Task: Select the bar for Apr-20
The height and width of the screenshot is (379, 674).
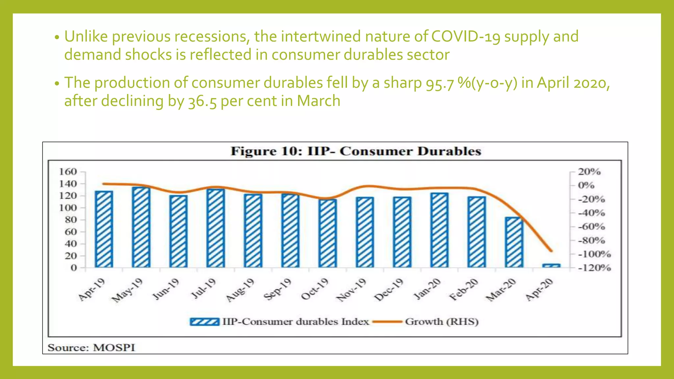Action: click(551, 265)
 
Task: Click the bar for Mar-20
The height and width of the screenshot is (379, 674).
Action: click(514, 242)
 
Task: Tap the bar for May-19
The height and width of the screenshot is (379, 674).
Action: click(141, 227)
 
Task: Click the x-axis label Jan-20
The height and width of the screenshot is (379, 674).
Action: click(427, 289)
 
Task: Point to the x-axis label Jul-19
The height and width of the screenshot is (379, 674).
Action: click(204, 289)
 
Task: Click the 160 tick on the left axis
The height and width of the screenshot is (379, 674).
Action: click(68, 172)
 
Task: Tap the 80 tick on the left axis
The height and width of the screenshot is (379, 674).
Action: click(71, 220)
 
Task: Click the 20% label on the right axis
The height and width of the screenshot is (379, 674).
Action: click(589, 172)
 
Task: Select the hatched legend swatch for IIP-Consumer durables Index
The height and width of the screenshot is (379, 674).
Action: click(204, 321)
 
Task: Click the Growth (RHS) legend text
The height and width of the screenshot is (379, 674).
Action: click(442, 321)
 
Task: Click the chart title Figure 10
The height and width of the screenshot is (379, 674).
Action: click(356, 151)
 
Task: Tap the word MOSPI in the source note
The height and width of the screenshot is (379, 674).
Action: click(114, 348)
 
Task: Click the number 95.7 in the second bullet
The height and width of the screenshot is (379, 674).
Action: click(440, 83)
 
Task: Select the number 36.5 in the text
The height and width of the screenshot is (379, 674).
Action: click(202, 101)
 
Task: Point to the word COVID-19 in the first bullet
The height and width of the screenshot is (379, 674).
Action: click(466, 37)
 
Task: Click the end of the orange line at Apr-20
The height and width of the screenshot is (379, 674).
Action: click(552, 251)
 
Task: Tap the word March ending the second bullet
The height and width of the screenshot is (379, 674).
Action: click(319, 101)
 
